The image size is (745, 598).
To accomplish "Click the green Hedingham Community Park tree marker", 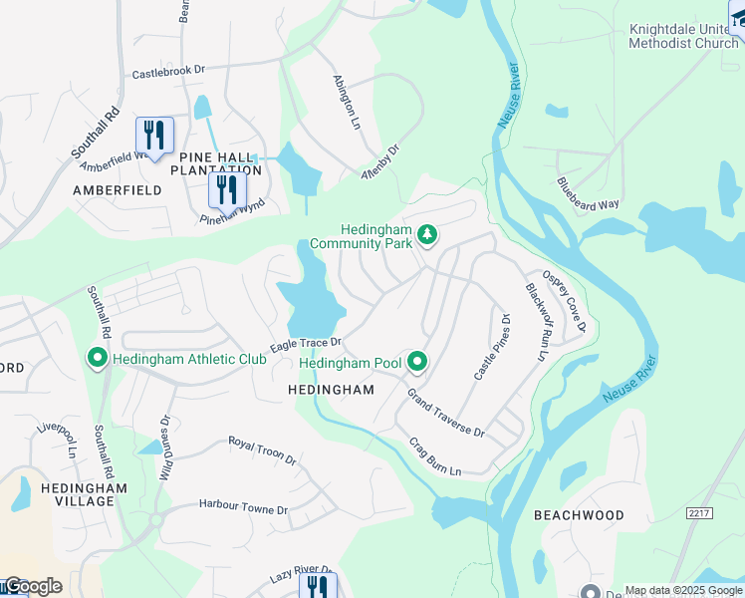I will point(427,234).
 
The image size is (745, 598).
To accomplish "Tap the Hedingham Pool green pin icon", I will point(417,362).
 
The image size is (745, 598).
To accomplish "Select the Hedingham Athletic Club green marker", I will point(98,357).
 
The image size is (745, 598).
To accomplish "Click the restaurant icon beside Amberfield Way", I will point(154,134).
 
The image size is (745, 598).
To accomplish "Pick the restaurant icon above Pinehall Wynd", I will point(227,188).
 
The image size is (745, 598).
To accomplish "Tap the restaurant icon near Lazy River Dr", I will point(318,586).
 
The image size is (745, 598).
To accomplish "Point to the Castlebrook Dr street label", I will point(168,73).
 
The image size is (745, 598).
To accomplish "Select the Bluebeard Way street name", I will point(588,192).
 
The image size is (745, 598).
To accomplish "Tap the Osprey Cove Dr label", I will point(564,301).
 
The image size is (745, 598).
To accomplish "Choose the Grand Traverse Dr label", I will point(444,413).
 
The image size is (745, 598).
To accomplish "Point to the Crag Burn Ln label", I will point(435,456).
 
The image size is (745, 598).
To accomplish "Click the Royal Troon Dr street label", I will point(262,450).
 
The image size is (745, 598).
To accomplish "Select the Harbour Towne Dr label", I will point(243,508).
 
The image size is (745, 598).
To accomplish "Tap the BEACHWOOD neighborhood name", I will point(579,515).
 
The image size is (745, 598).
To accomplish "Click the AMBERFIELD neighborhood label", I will point(117,189).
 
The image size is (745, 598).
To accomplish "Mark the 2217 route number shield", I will point(701,511).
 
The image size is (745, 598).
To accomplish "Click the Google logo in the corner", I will point(32,586).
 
